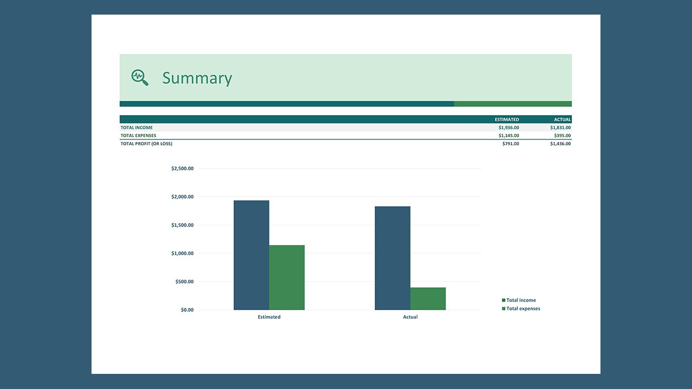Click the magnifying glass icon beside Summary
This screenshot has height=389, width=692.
[x=139, y=77]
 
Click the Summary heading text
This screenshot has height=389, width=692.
[x=197, y=78]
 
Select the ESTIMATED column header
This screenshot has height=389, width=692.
[x=507, y=119]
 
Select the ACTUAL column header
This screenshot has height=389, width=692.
[x=562, y=119]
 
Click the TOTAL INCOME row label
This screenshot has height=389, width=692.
[x=137, y=128]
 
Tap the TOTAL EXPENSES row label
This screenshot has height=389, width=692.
[x=138, y=136]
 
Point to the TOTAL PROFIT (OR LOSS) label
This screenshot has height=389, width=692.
[x=147, y=144]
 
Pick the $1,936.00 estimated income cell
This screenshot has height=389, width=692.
[x=508, y=128]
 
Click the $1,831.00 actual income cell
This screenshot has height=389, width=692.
[x=560, y=128]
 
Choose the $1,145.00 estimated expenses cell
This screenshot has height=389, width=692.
[x=508, y=136]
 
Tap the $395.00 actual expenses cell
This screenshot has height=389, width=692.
[x=562, y=136]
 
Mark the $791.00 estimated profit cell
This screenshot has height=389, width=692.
[x=510, y=144]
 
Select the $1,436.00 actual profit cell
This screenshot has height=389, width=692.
[x=560, y=144]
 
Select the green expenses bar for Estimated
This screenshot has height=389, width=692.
[x=287, y=278]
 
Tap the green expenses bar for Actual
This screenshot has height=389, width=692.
[x=428, y=299]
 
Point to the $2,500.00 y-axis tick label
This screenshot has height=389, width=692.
[x=182, y=169]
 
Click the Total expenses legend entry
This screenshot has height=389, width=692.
[x=522, y=308]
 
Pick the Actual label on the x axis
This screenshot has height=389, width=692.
[x=410, y=317]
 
